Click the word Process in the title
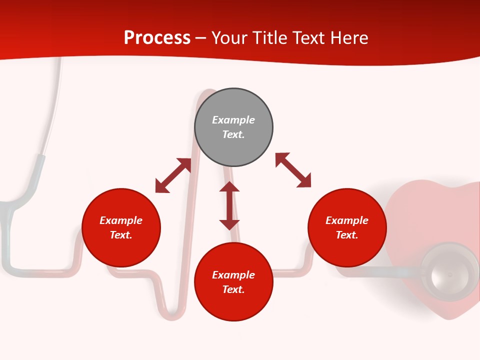tap(157, 38)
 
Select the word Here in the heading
tap(349, 38)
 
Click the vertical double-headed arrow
tap(229, 205)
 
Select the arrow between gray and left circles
tap(173, 175)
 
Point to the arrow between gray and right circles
tap(293, 170)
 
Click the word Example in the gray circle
tap(233, 120)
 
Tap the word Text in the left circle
tap(121, 235)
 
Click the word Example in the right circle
tap(347, 220)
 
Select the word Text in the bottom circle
tap(233, 289)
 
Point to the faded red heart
tap(425, 215)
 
